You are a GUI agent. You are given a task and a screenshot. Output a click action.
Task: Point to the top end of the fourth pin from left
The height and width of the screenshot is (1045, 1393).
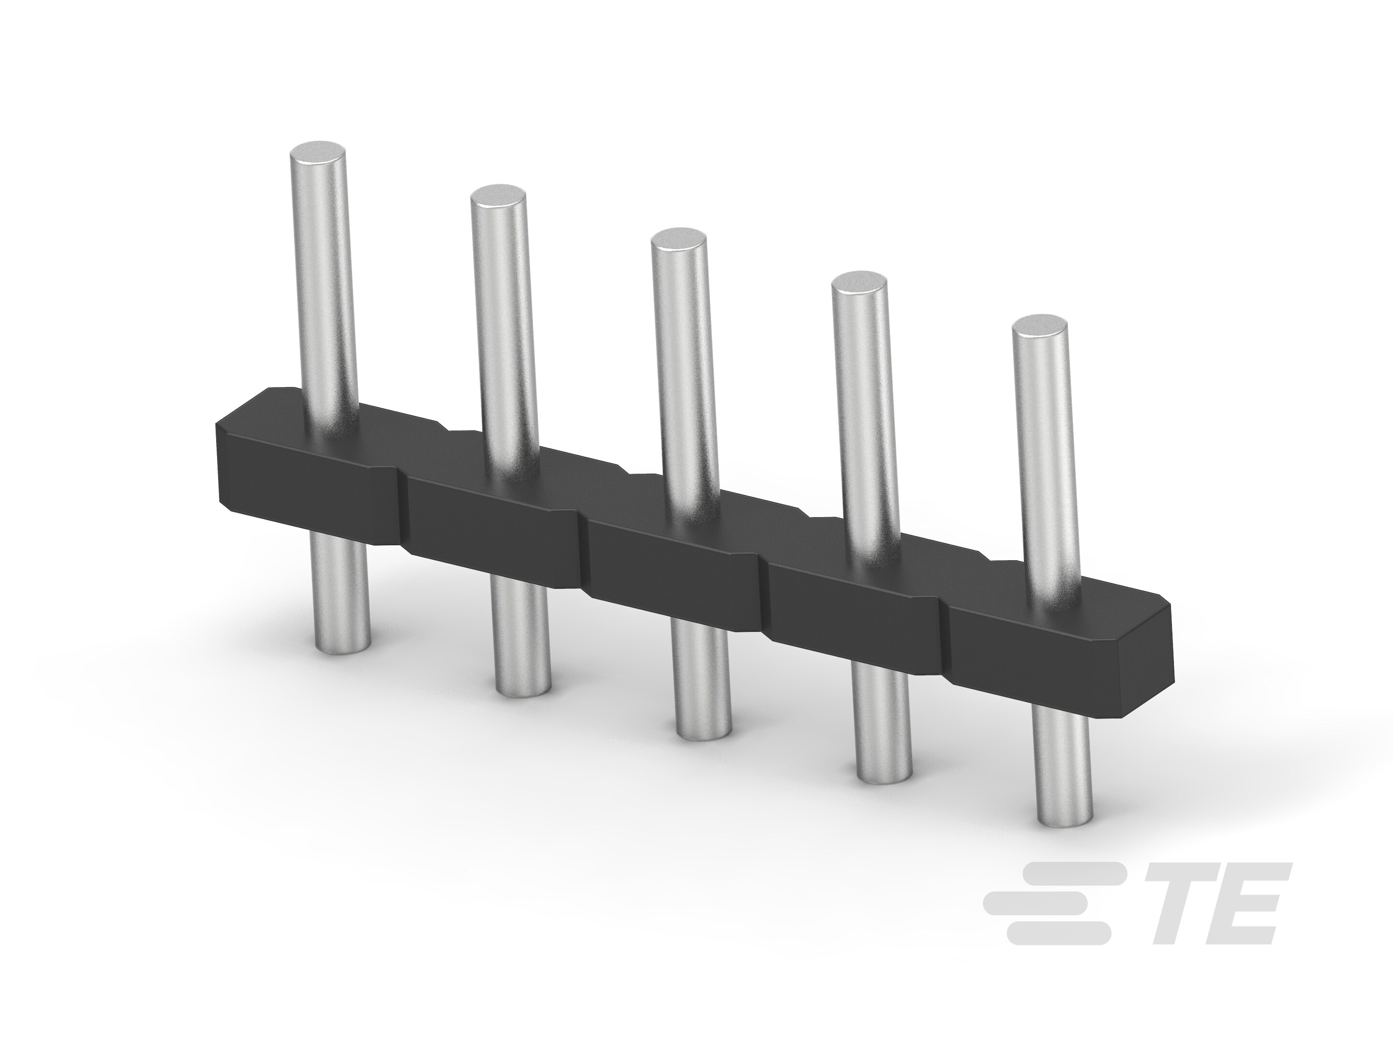859,284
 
